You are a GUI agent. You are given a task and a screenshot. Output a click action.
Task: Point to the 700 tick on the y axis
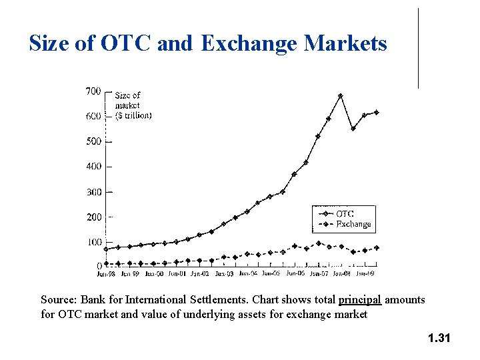(x=93, y=91)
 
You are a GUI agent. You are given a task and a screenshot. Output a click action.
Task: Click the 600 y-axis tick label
(x=93, y=116)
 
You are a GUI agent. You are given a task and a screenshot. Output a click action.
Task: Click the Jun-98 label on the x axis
(x=107, y=273)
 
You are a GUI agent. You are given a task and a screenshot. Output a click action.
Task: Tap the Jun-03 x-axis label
(x=224, y=273)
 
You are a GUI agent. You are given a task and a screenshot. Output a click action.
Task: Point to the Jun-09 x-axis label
(x=365, y=273)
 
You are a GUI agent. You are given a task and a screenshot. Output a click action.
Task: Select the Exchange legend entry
(x=353, y=224)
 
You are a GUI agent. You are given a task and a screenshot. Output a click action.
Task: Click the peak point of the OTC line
(x=341, y=95)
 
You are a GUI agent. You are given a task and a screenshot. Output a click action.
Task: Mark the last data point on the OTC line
(x=377, y=112)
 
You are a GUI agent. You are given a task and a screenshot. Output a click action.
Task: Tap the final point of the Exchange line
(x=377, y=248)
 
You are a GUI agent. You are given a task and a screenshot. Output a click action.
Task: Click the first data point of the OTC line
(x=106, y=249)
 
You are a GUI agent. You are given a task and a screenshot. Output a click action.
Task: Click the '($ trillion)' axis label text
(x=133, y=115)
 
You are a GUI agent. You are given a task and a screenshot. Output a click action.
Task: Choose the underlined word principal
(x=360, y=300)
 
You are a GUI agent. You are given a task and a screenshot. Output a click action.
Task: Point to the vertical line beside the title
(x=419, y=48)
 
